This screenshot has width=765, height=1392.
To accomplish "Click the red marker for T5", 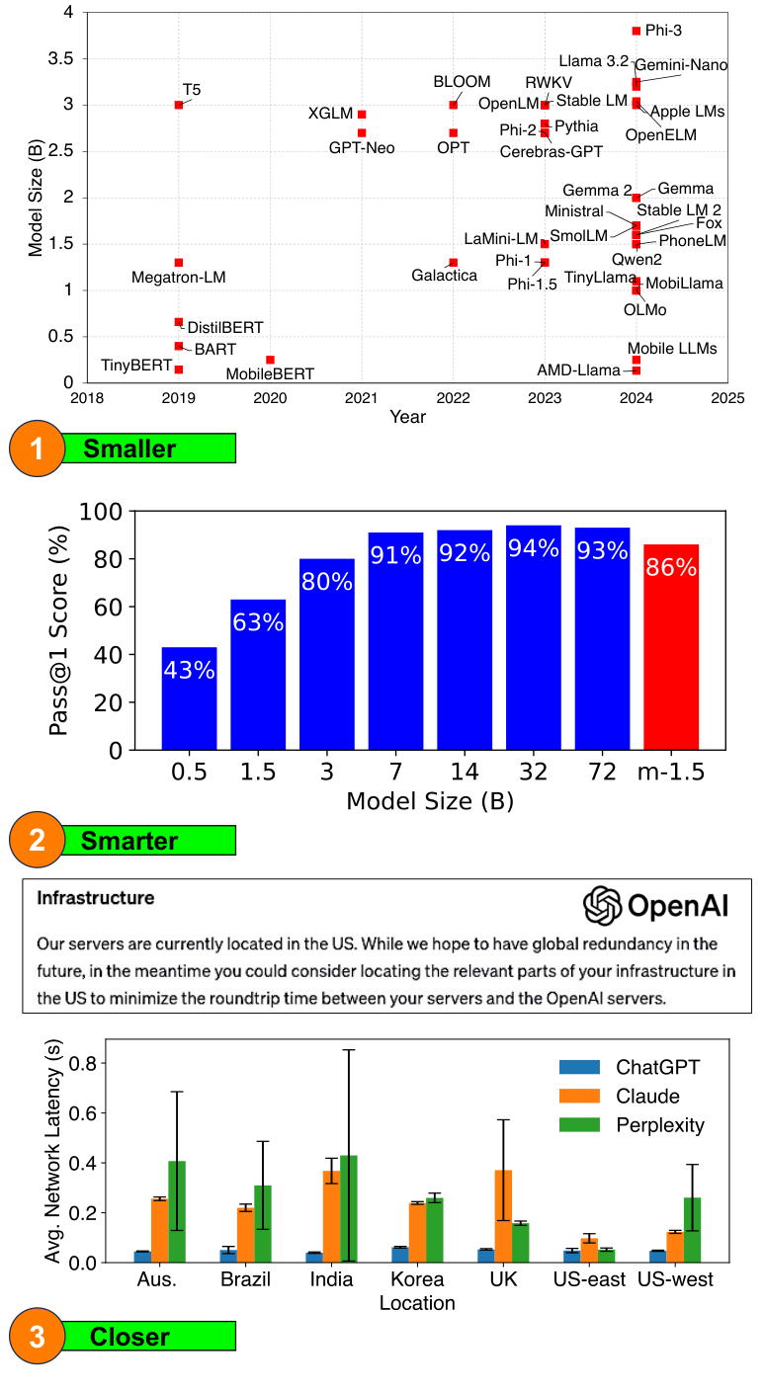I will (179, 105).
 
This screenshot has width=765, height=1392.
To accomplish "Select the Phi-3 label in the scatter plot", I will (664, 32).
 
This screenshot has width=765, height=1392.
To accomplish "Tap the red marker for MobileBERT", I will (270, 360).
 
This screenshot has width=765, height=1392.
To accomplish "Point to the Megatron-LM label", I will (179, 279).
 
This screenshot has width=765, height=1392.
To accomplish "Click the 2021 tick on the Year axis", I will (362, 398).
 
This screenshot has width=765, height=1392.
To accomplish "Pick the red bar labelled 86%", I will (671, 647).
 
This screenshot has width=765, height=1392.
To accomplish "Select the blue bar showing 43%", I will (189, 698).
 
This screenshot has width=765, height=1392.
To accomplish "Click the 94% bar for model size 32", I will (534, 637).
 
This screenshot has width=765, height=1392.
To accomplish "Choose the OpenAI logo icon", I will (601, 905).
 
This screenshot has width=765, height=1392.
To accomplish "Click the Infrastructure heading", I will (95, 898).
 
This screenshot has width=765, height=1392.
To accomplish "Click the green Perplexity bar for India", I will (349, 1208).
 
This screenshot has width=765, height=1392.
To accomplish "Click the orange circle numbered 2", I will (38, 841).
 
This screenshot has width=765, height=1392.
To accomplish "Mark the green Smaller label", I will (129, 449).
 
